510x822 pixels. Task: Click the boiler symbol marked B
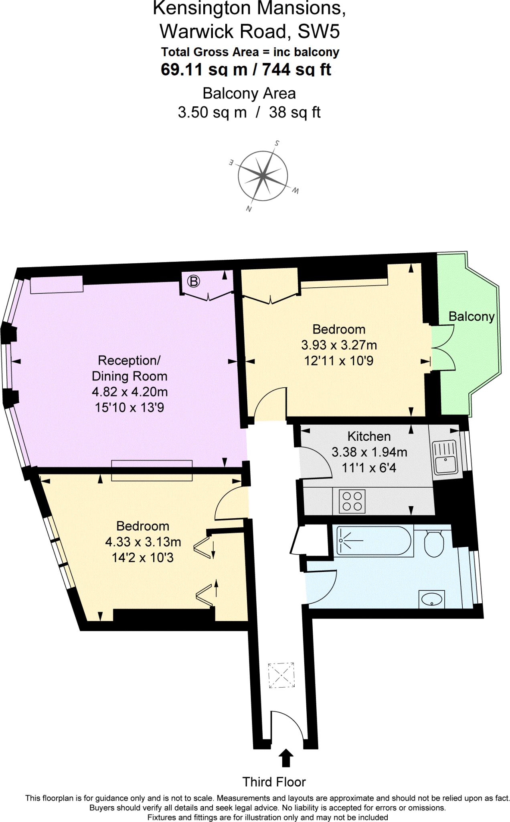[194, 281]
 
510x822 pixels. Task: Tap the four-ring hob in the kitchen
[352, 501]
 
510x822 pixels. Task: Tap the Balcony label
[471, 316]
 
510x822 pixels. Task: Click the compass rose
[263, 176]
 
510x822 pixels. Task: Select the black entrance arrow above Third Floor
[286, 758]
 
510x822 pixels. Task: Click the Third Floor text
[274, 782]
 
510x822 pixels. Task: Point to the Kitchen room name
[369, 436]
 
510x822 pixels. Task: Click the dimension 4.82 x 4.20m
[130, 392]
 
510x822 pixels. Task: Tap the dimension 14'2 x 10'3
[143, 557]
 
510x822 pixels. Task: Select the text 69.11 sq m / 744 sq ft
[246, 69]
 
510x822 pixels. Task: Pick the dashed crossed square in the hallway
[281, 675]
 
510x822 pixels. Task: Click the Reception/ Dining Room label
[129, 368]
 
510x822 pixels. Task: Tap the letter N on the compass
[249, 209]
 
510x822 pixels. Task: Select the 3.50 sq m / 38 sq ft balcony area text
[249, 112]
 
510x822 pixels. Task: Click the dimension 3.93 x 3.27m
[339, 345]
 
